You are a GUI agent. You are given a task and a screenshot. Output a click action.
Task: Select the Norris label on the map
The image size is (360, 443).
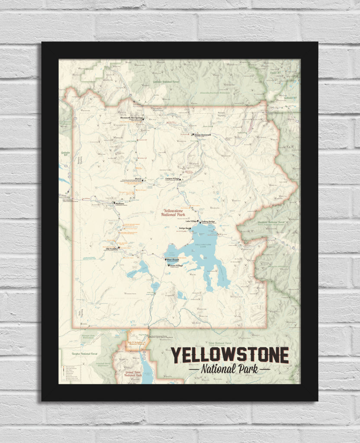(138, 178)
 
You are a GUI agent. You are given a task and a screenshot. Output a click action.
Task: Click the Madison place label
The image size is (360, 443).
(119, 203)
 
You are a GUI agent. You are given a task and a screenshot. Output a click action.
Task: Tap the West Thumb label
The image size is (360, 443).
(172, 260)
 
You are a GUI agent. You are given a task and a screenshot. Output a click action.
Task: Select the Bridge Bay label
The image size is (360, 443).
(184, 228)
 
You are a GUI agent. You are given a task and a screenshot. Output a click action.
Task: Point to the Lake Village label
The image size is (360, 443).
(192, 221)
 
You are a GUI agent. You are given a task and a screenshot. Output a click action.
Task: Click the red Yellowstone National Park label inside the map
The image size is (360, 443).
(173, 212)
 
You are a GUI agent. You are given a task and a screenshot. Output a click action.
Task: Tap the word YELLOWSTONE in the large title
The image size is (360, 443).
(229, 355)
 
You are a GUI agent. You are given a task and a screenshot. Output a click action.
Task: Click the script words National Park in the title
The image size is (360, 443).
(229, 369)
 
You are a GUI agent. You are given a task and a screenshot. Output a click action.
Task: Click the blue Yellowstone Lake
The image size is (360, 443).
(203, 251)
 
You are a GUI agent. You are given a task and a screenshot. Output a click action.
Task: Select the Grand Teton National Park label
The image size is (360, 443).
(133, 373)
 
